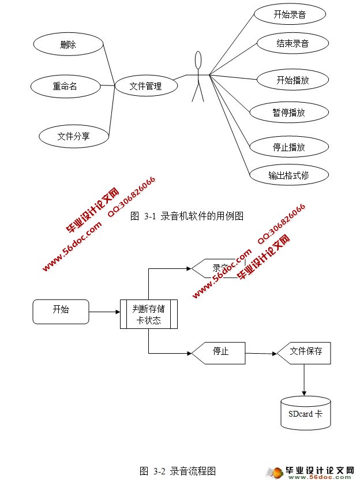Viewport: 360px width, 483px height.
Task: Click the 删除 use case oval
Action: pyautogui.click(x=68, y=44)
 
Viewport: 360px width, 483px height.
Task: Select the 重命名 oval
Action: pyautogui.click(x=65, y=87)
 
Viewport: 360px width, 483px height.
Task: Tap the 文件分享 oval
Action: pyautogui.click(x=74, y=136)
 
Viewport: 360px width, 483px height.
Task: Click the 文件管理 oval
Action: pyautogui.click(x=145, y=87)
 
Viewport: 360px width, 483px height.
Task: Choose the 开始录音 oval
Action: pyautogui.click(x=290, y=14)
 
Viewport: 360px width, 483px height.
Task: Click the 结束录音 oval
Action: pyautogui.click(x=292, y=43)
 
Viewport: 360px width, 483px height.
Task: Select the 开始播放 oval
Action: pyautogui.click(x=292, y=80)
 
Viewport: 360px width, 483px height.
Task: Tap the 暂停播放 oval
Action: pyautogui.click(x=289, y=113)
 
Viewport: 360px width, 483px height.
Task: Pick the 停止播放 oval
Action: pyautogui.click(x=289, y=147)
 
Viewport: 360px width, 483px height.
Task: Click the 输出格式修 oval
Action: pyautogui.click(x=288, y=175)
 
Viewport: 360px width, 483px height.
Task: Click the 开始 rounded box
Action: pyautogui.click(x=61, y=312)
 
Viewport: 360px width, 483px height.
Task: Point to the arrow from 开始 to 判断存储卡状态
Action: pyautogui.click(x=104, y=312)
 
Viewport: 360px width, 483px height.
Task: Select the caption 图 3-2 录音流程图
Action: pyautogui.click(x=178, y=470)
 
